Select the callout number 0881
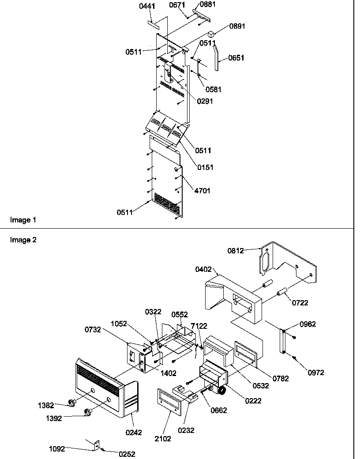point(209,4)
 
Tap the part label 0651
point(236,58)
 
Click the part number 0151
point(205,167)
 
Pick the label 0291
point(205,101)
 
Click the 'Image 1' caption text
point(20,220)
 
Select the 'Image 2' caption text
point(21,240)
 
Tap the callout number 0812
point(235,251)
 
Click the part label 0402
point(203,269)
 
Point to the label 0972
point(316,372)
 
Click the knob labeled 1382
point(71,403)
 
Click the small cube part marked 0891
point(211,33)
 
